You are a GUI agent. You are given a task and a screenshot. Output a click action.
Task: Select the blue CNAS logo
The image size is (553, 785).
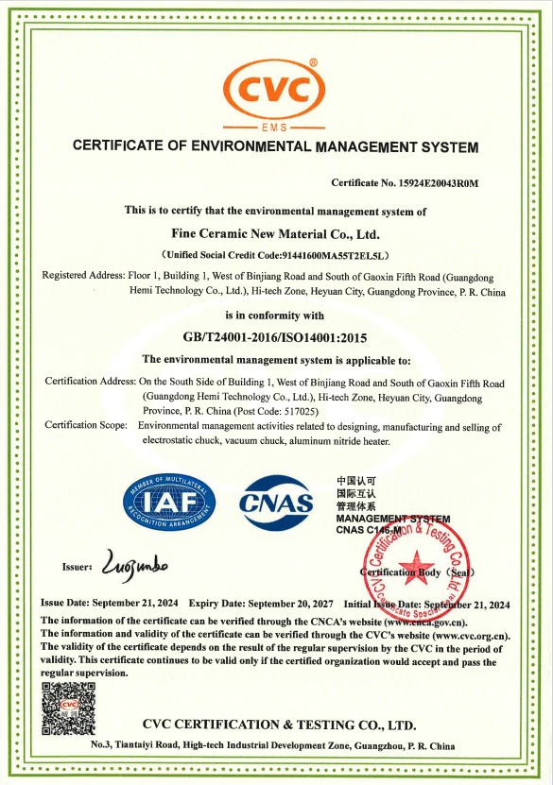(x=276, y=501)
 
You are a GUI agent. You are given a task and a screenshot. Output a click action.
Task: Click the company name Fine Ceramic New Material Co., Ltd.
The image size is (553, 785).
(x=275, y=232)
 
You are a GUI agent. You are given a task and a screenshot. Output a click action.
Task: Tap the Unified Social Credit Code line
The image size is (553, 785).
(x=275, y=255)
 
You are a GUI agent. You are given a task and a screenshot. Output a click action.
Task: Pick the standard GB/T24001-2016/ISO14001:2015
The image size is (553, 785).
(x=275, y=337)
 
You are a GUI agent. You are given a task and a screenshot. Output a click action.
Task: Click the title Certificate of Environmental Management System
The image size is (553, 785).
(x=275, y=146)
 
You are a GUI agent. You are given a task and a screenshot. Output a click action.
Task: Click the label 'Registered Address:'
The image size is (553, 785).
(x=83, y=275)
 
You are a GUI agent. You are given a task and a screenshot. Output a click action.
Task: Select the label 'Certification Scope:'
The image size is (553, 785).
(x=86, y=426)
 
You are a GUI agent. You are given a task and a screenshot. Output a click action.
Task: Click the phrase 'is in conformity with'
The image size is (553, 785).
(x=275, y=315)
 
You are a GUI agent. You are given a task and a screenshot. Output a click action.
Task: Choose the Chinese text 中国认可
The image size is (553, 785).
(x=356, y=481)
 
